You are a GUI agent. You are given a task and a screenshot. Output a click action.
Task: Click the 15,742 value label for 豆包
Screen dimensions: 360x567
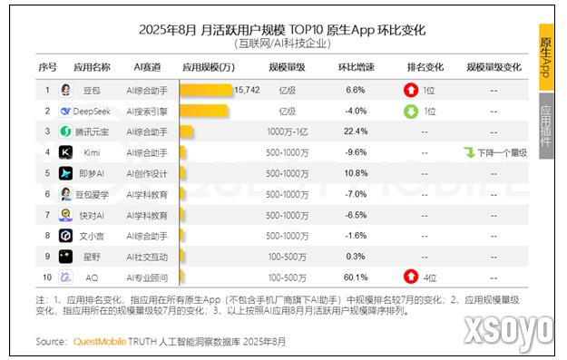(247, 90)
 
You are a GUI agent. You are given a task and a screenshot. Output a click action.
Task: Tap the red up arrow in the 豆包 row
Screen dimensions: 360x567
(411, 90)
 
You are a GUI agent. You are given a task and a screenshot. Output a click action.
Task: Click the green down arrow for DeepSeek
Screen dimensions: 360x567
(411, 111)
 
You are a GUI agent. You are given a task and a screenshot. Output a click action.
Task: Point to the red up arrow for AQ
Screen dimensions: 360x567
(411, 277)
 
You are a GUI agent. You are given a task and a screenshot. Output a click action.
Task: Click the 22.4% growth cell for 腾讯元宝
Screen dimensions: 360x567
(356, 131)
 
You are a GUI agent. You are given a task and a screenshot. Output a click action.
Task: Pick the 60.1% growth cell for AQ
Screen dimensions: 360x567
(356, 277)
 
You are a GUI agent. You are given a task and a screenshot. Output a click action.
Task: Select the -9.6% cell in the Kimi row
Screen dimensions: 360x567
(356, 152)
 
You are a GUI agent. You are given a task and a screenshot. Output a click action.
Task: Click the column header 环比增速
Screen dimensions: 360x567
(356, 67)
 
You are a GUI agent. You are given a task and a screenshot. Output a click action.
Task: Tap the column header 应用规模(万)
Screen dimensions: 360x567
(208, 67)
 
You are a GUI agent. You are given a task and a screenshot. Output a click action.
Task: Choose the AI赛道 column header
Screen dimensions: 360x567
(147, 67)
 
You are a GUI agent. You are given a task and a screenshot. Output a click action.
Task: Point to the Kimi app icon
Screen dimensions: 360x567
(66, 152)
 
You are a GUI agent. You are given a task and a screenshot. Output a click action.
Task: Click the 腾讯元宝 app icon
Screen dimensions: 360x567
(66, 131)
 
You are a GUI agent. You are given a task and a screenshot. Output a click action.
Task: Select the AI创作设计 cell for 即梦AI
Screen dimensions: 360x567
(147, 173)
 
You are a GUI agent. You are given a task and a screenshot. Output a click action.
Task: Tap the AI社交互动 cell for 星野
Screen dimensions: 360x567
(147, 256)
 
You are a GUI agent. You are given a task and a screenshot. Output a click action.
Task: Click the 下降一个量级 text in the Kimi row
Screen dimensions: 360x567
(502, 152)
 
